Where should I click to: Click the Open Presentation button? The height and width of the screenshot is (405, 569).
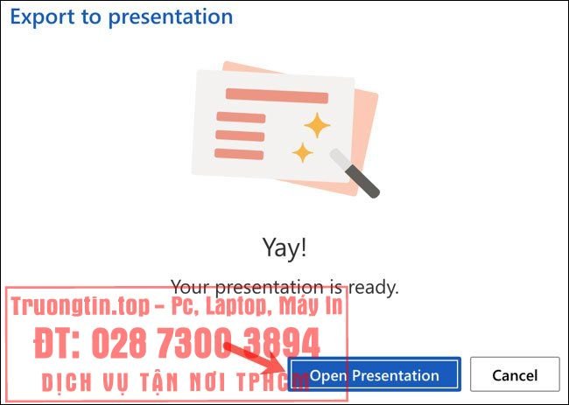tap(374, 375)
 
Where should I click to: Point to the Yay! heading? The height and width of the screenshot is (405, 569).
tap(284, 248)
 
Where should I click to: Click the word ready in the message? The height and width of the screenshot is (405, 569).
tap(376, 286)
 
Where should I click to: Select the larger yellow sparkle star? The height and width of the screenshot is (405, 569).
tap(317, 125)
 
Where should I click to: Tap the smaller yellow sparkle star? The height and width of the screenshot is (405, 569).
tap(302, 153)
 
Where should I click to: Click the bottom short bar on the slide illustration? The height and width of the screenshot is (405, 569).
tap(239, 154)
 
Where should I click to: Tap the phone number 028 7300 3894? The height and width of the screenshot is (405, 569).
tap(206, 342)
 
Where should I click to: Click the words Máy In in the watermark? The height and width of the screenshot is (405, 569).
tap(310, 307)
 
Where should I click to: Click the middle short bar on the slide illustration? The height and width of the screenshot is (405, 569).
tap(239, 136)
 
